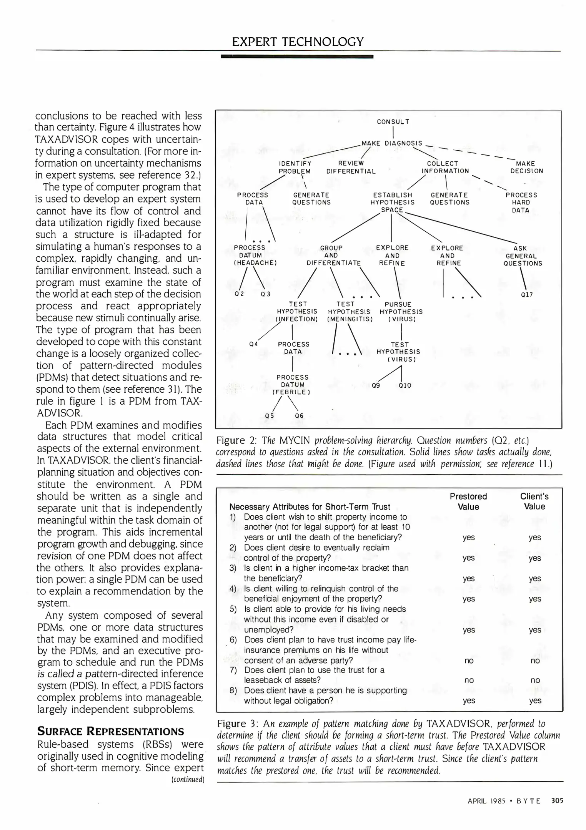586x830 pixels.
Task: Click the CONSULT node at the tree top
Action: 393,122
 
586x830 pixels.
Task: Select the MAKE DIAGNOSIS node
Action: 392,143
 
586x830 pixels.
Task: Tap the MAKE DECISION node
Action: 526,167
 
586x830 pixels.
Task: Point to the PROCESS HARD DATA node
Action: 521,203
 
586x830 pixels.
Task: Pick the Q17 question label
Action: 527,295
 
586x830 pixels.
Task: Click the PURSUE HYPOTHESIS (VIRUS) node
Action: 401,312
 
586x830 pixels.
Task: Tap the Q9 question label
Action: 376,385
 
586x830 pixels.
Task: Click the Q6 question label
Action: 299,416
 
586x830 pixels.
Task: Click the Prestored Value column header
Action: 468,501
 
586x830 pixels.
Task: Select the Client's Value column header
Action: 534,501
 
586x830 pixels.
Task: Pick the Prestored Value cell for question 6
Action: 469,661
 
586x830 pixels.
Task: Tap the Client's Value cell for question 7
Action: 535,680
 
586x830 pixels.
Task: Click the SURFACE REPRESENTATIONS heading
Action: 110,731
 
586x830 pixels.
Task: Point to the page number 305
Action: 557,801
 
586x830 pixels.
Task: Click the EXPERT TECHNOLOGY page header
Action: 298,41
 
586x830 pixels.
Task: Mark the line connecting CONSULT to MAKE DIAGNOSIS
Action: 393,132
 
